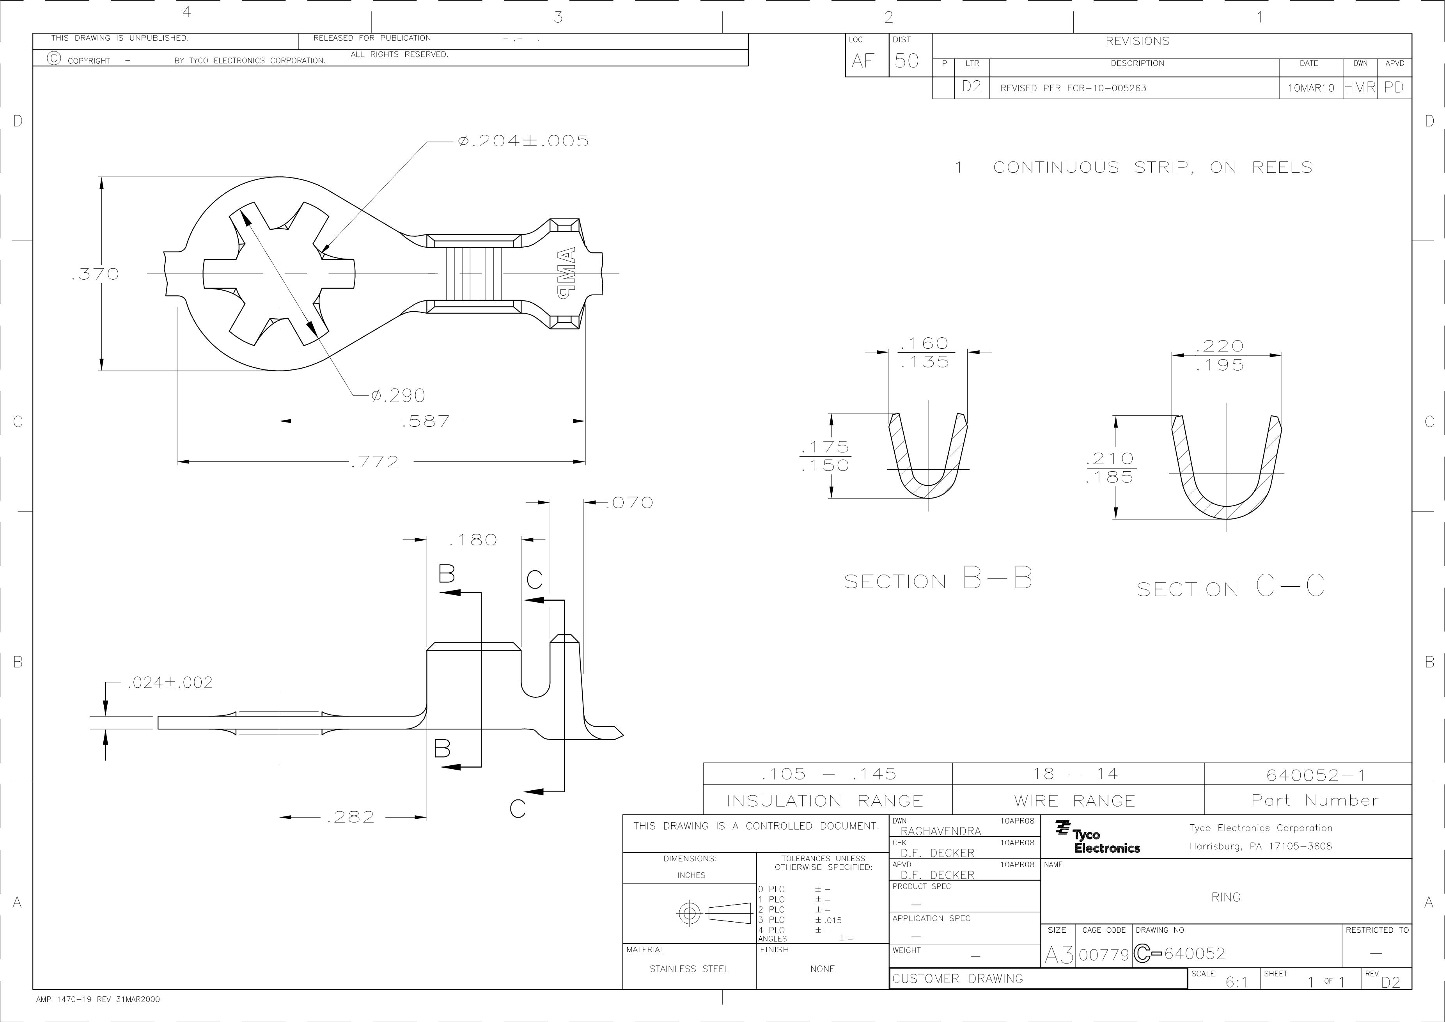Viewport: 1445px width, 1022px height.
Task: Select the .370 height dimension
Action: click(x=96, y=274)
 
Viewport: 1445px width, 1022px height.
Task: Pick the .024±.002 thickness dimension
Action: click(x=170, y=683)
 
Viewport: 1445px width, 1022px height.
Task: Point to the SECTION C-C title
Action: click(x=1230, y=587)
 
